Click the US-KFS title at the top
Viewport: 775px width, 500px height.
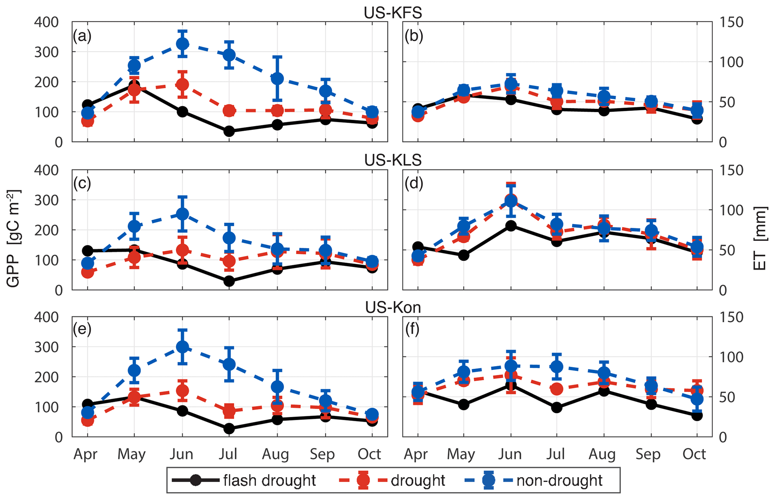click(x=393, y=13)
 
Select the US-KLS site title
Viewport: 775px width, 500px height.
click(x=393, y=160)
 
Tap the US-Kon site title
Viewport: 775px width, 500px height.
click(x=393, y=308)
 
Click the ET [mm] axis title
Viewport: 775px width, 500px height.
click(x=760, y=239)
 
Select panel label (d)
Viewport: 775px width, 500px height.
click(x=414, y=183)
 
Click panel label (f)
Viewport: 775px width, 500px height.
click(x=412, y=329)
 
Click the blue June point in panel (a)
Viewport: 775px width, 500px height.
click(x=182, y=44)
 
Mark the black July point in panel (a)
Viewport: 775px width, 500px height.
click(x=229, y=131)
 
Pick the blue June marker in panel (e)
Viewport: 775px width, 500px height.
click(x=182, y=347)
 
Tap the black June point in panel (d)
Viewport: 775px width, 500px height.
click(x=511, y=225)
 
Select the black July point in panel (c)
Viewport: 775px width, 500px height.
click(x=229, y=281)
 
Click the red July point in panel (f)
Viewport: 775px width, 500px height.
click(x=557, y=389)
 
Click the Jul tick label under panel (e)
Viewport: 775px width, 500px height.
click(x=228, y=454)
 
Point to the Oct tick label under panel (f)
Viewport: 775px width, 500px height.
click(x=694, y=454)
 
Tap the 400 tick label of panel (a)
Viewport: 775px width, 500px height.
click(x=46, y=22)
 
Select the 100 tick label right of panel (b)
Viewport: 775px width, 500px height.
click(x=731, y=62)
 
